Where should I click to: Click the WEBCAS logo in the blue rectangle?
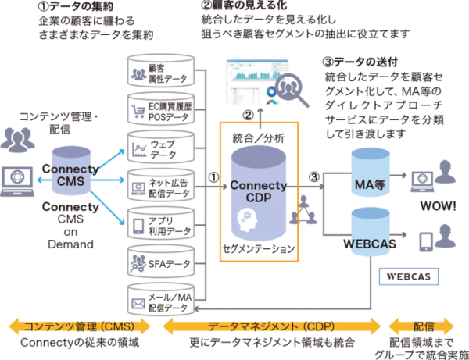tap(407, 276)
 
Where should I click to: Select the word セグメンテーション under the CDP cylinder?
tap(260, 248)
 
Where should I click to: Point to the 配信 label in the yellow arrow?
tap(424, 326)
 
